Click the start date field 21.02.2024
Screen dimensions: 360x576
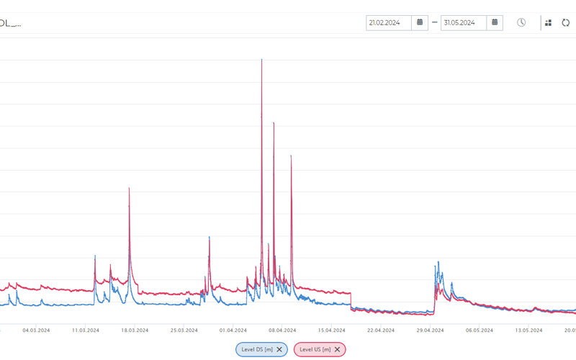click(389, 22)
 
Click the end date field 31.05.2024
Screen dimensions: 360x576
click(464, 22)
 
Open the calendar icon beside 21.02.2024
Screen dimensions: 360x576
click(420, 22)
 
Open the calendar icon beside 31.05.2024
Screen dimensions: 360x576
click(495, 22)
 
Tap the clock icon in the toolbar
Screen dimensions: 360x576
click(521, 22)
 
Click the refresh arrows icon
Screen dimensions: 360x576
click(566, 23)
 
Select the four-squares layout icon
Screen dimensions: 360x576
click(549, 23)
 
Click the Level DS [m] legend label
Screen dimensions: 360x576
click(256, 349)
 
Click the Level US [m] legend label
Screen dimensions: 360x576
click(314, 349)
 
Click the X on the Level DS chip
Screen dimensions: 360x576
click(279, 349)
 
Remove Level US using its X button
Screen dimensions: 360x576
click(337, 349)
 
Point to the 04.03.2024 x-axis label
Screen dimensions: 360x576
click(36, 330)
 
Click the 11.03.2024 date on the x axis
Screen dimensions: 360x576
click(86, 330)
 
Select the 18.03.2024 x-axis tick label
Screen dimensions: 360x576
click(135, 330)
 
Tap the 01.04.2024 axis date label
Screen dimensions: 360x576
click(233, 330)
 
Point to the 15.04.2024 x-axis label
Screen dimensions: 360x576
click(332, 330)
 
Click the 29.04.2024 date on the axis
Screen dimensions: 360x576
click(430, 330)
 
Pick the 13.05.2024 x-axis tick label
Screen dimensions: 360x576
click(528, 330)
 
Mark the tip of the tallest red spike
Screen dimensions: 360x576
click(261, 60)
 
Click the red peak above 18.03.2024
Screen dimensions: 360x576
click(129, 189)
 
